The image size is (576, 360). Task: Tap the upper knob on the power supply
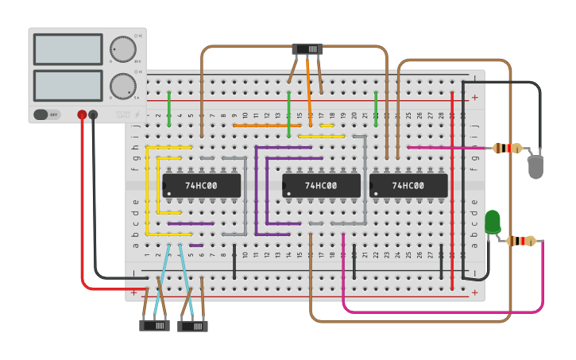pos(122,48)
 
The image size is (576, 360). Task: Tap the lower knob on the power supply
pos(122,85)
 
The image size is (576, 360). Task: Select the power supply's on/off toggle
pos(47,114)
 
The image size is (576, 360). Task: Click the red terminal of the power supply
pos(82,115)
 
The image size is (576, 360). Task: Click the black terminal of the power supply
pos(94,115)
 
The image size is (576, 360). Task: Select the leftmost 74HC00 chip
pos(201,186)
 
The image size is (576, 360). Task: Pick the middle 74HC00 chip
pos(321,186)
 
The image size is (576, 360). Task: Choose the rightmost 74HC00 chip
pos(408,186)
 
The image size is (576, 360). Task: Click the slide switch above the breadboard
pos(307,49)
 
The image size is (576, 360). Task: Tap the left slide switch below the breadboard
pos(154,325)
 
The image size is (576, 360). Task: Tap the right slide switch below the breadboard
pos(192,325)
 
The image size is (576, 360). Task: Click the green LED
pos(493,222)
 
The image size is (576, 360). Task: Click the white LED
pos(536,167)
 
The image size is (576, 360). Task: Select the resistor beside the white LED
pos(508,148)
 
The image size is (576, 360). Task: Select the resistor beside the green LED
pos(521,241)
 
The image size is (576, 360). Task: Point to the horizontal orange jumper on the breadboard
pos(266,125)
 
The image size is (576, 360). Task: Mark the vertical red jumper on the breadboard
pos(452,183)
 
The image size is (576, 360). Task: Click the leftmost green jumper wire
pos(169,108)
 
